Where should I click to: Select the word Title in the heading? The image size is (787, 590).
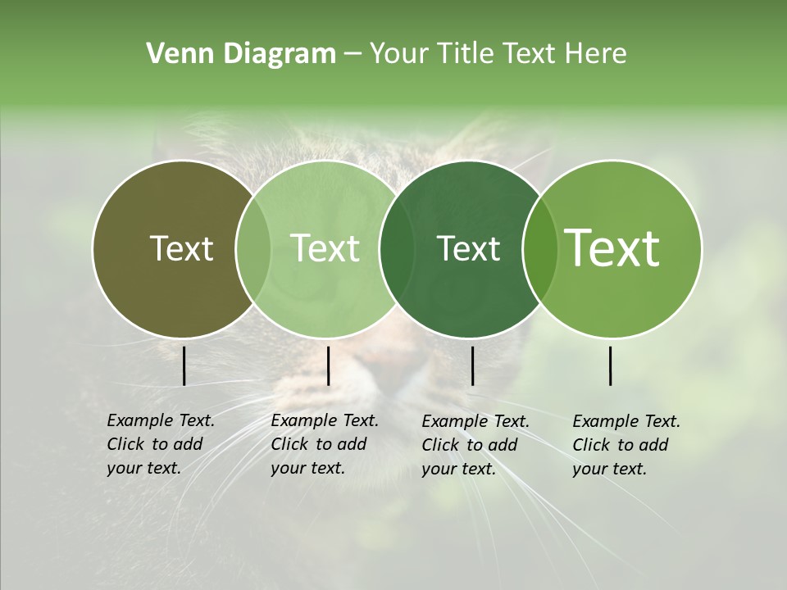click(x=464, y=54)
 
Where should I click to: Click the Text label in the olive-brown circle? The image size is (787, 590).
click(x=181, y=248)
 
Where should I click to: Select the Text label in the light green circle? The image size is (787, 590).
click(x=325, y=248)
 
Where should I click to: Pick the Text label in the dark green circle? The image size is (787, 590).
click(x=468, y=248)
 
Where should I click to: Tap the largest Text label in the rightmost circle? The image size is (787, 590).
click(x=612, y=248)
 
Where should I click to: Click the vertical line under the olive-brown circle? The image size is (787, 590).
click(x=184, y=365)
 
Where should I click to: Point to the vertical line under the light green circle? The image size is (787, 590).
click(x=328, y=365)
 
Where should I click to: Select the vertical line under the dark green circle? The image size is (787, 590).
click(x=472, y=365)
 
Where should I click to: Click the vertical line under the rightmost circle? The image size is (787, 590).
click(x=611, y=365)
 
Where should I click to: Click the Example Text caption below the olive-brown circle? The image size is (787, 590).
click(x=161, y=444)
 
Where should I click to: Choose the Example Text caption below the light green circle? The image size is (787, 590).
click(x=325, y=444)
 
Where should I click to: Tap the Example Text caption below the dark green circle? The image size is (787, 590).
click(x=475, y=444)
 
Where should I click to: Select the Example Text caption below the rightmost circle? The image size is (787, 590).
click(x=626, y=444)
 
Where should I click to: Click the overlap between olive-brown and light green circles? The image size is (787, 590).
click(x=253, y=248)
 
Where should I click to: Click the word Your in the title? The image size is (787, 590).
click(x=399, y=54)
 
